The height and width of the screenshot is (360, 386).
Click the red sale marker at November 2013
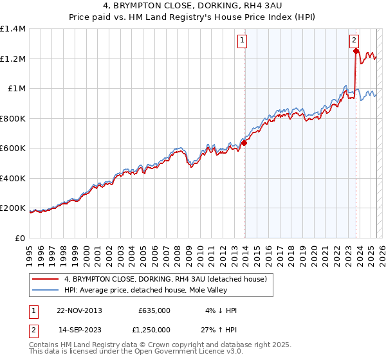point(244,143)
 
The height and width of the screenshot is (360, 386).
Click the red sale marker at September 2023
point(356,51)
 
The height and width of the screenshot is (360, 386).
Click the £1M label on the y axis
point(16,89)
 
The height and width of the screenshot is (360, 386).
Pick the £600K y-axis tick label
point(13,148)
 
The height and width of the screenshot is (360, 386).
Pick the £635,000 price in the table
point(154,310)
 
